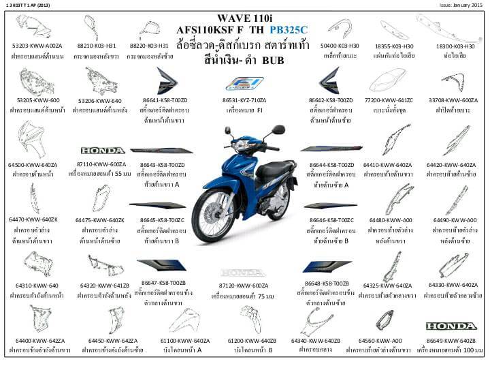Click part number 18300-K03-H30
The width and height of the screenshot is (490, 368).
tap(455, 46)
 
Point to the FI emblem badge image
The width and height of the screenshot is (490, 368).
tap(244, 84)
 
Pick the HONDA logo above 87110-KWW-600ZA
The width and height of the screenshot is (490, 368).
tap(103, 150)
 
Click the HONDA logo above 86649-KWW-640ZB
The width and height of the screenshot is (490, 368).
tap(451, 326)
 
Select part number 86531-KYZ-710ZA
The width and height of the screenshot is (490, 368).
tap(244, 99)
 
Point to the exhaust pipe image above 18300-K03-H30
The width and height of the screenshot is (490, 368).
tap(456, 27)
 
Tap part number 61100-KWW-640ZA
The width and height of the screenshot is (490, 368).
tap(184, 340)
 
